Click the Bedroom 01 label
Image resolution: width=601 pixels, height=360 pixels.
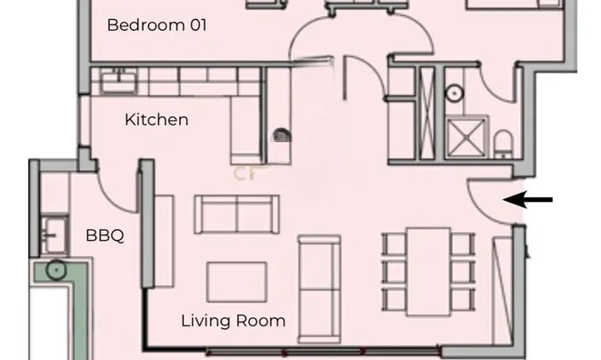pyautogui.click(x=156, y=25)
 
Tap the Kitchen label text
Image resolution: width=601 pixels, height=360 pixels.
pyautogui.click(x=156, y=119)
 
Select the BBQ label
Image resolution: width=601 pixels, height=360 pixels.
pyautogui.click(x=105, y=236)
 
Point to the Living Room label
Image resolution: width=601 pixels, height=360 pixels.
pyautogui.click(x=233, y=320)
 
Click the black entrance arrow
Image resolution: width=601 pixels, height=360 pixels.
pyautogui.click(x=527, y=200)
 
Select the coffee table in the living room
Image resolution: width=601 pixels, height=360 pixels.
pyautogui.click(x=235, y=281)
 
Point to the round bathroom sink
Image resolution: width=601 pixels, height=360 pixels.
pyautogui.click(x=453, y=94)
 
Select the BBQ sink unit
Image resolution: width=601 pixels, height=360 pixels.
pyautogui.click(x=55, y=234)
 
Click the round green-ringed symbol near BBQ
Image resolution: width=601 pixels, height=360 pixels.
pyautogui.click(x=56, y=269)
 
